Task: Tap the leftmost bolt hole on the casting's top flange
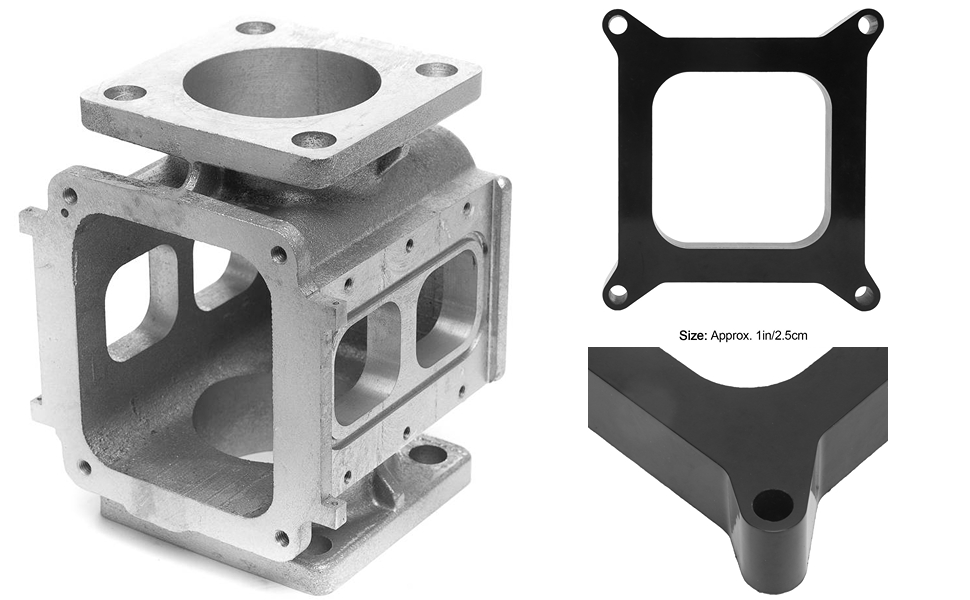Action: coord(125,93)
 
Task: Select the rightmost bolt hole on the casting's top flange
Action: coord(437,70)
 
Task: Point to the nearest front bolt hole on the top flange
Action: coord(314,139)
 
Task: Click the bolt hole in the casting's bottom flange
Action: coord(428,454)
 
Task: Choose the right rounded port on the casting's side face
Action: coord(446,306)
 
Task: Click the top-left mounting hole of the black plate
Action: coord(618,22)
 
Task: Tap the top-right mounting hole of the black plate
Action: coord(868,21)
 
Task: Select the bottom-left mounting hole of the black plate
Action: coord(617,294)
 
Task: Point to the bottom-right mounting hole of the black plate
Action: coord(862,294)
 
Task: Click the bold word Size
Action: coord(692,336)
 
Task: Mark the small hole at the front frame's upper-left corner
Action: coord(70,196)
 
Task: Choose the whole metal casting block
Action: coord(265,300)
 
